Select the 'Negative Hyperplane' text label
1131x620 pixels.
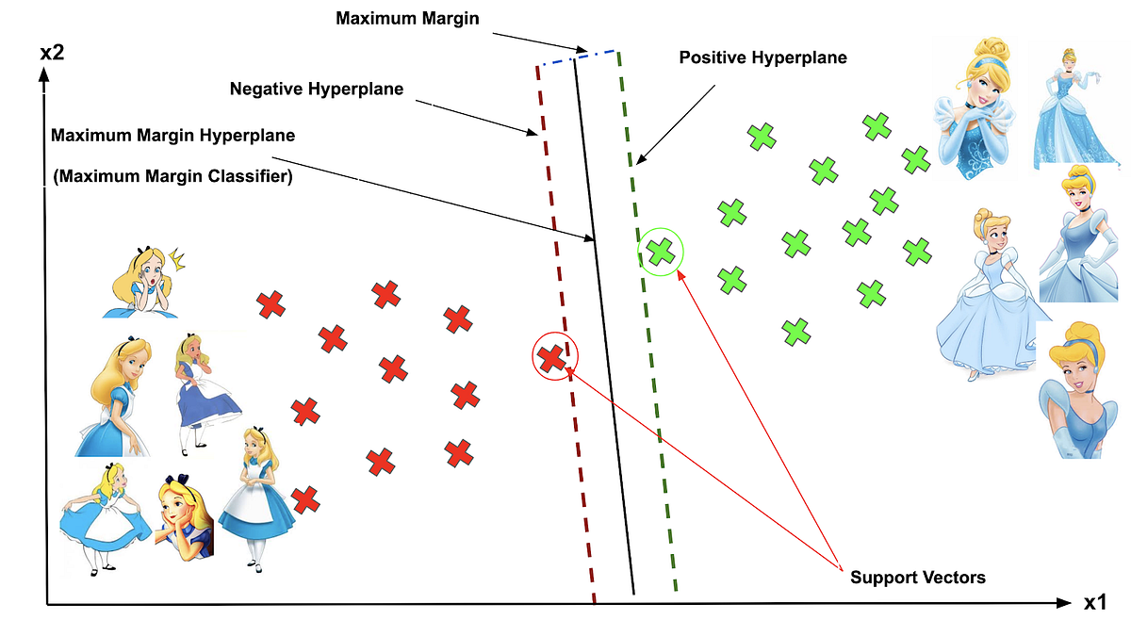pos(317,90)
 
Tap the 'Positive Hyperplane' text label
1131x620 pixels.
pos(762,57)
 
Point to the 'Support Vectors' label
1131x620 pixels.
pos(917,577)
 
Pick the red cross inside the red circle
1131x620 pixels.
pos(552,357)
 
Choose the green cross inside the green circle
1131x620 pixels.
pos(662,252)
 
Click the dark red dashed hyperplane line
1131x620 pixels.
pos(566,330)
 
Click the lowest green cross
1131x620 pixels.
pos(796,331)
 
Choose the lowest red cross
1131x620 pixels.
pos(303,498)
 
